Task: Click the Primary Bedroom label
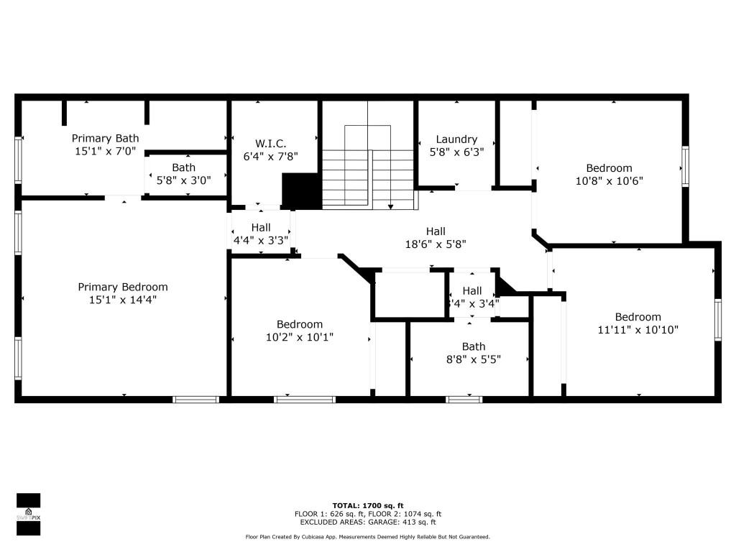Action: (x=122, y=287)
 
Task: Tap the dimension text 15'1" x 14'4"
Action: (x=122, y=300)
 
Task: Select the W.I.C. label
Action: (x=266, y=143)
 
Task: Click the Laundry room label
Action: (x=456, y=139)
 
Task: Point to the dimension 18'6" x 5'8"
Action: (x=436, y=244)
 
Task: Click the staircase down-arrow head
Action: (x=390, y=207)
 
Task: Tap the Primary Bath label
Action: (x=105, y=138)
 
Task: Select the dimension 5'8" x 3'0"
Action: (x=183, y=180)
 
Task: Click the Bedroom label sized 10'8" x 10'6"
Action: (x=609, y=168)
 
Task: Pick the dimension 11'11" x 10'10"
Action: (x=638, y=330)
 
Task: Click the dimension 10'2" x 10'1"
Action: (x=300, y=336)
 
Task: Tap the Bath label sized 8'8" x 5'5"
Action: (x=473, y=346)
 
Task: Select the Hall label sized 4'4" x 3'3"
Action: (x=261, y=227)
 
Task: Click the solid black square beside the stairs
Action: (x=301, y=190)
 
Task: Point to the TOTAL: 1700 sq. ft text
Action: (x=367, y=505)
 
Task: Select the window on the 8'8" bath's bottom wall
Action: (x=464, y=399)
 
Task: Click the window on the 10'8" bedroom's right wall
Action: (x=685, y=167)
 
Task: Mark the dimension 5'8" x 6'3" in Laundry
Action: (x=456, y=152)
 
